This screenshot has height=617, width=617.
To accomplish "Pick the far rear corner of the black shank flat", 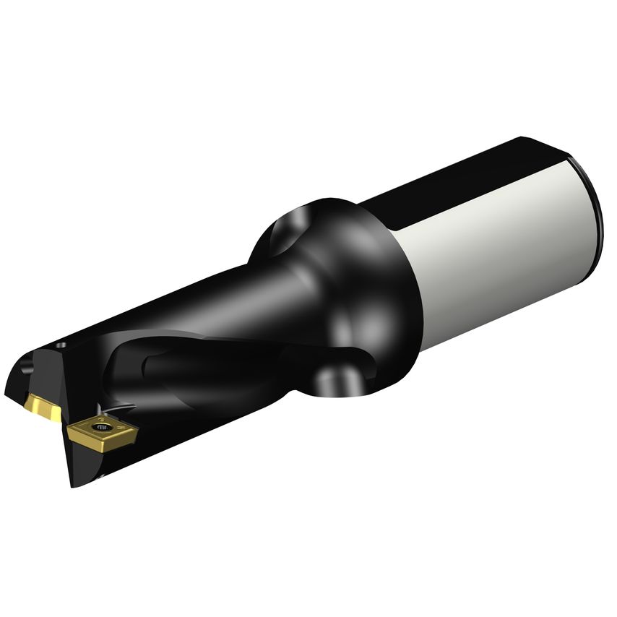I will [524, 139].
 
